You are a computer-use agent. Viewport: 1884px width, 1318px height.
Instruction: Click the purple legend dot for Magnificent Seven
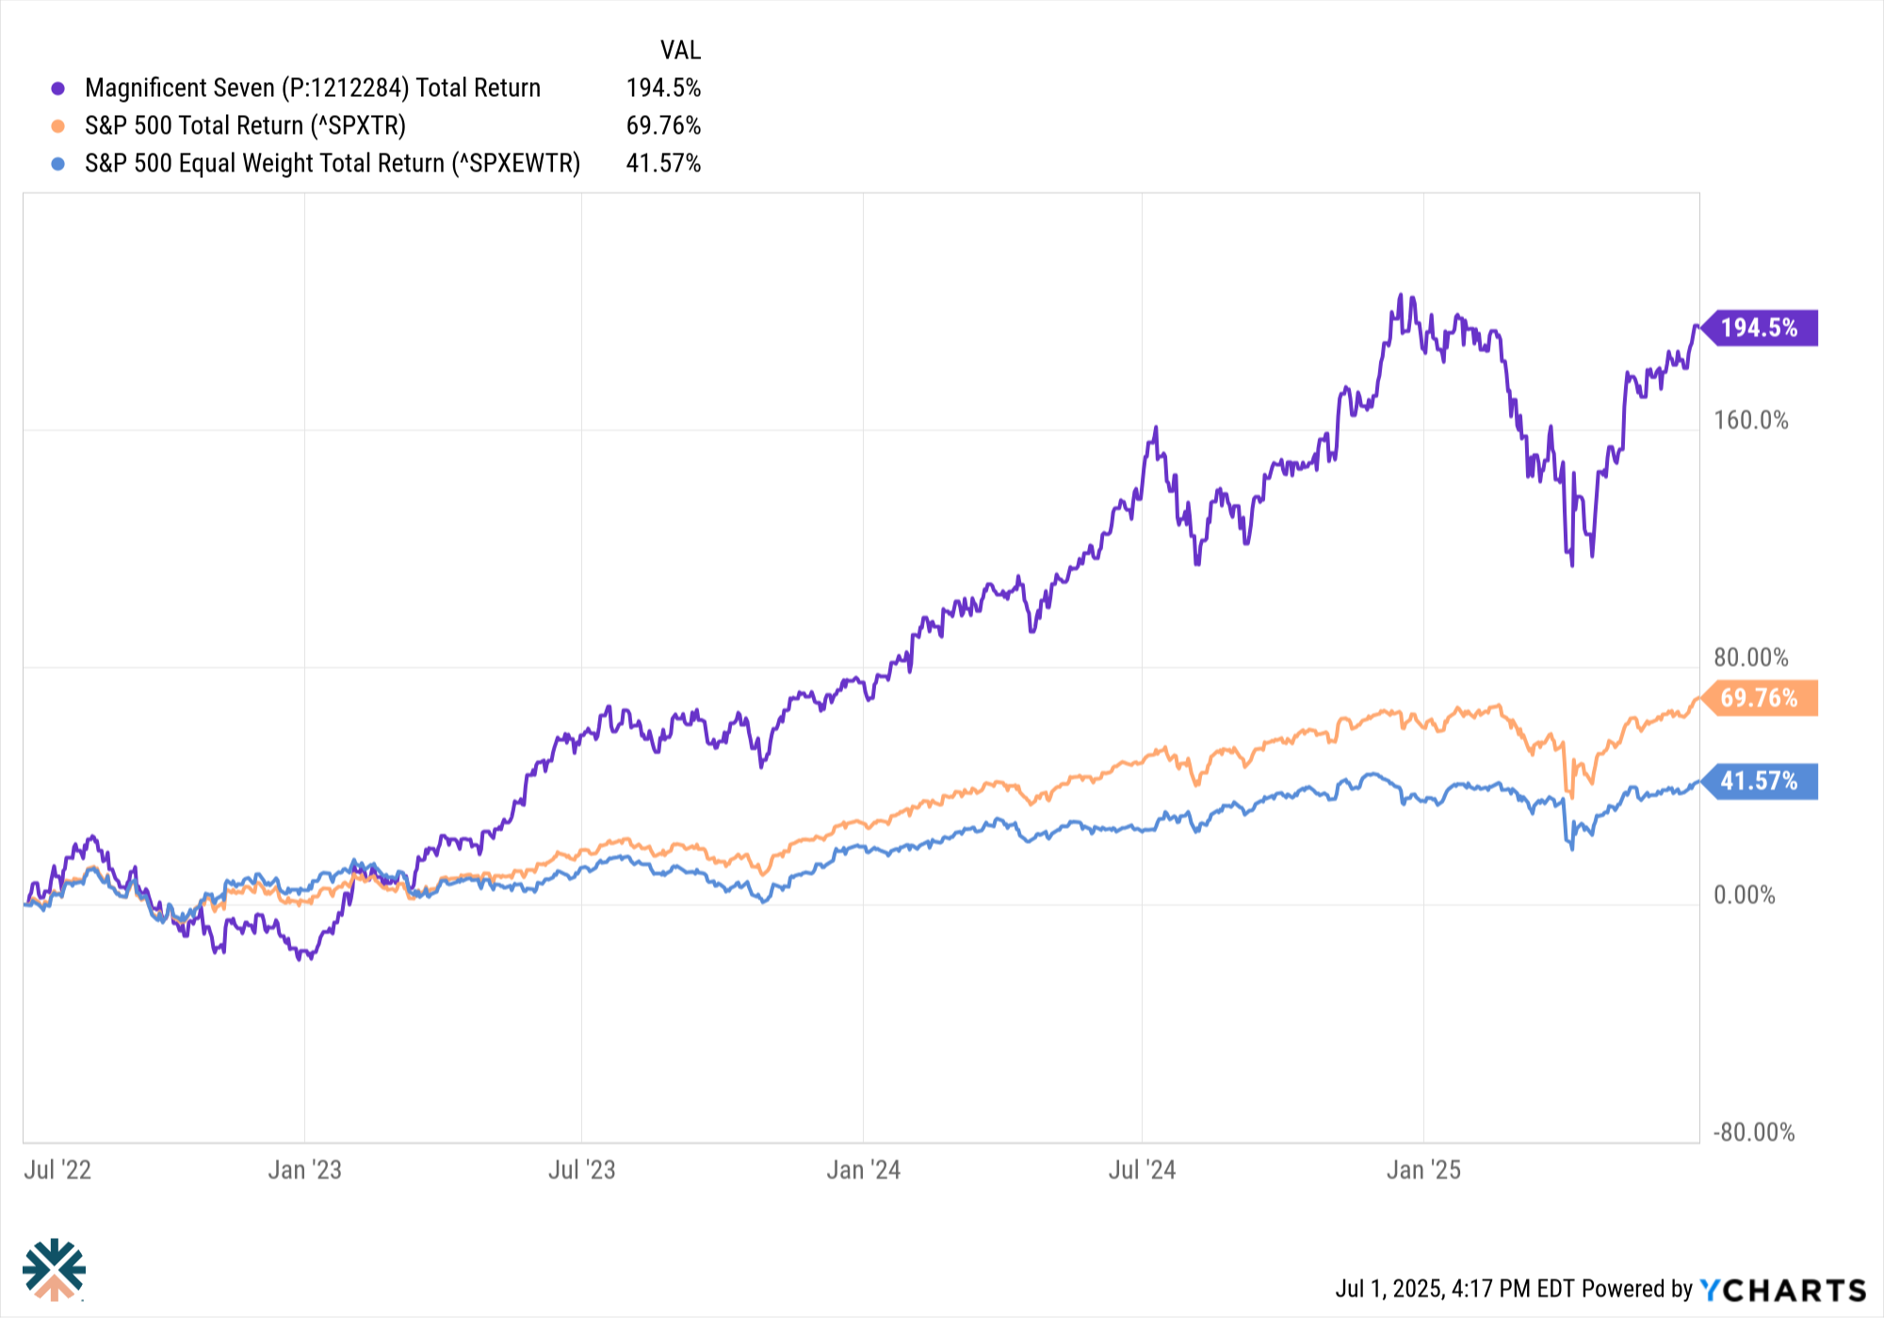tap(58, 89)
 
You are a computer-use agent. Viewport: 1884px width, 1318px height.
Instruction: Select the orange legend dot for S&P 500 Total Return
tap(58, 126)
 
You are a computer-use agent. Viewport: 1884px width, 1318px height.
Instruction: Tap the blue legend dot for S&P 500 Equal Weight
tap(58, 164)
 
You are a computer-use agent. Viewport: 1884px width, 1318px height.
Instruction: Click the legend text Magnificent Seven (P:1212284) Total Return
tap(313, 89)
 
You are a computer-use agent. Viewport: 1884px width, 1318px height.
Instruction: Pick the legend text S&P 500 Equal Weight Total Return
tap(333, 164)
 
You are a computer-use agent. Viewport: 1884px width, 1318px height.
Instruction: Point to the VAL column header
tap(680, 50)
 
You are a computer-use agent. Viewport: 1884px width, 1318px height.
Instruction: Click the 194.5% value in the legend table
tap(663, 89)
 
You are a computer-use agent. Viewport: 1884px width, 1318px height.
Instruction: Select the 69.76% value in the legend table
tap(663, 126)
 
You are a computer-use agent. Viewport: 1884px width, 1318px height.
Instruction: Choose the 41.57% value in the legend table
tap(663, 164)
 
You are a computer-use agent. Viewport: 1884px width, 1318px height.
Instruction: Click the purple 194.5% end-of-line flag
tap(1760, 328)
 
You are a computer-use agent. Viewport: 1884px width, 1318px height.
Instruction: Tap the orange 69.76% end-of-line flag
tap(1760, 698)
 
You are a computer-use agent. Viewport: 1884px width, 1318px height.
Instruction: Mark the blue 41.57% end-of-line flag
tap(1760, 781)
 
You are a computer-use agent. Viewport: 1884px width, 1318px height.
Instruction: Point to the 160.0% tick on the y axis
tap(1750, 420)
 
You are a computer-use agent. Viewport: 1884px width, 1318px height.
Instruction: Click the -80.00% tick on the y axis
tap(1754, 1132)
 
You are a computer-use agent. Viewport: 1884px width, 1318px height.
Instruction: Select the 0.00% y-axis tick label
tap(1745, 895)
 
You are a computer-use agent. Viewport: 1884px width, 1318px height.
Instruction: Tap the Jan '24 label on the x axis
tap(863, 1170)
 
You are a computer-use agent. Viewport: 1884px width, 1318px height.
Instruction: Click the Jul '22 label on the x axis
tap(57, 1170)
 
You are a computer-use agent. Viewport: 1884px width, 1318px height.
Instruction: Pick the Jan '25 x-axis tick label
tap(1423, 1170)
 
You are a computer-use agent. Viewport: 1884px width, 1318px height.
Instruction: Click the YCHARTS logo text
tap(1782, 1290)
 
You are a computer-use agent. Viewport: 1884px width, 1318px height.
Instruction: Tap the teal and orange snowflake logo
tap(55, 1269)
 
